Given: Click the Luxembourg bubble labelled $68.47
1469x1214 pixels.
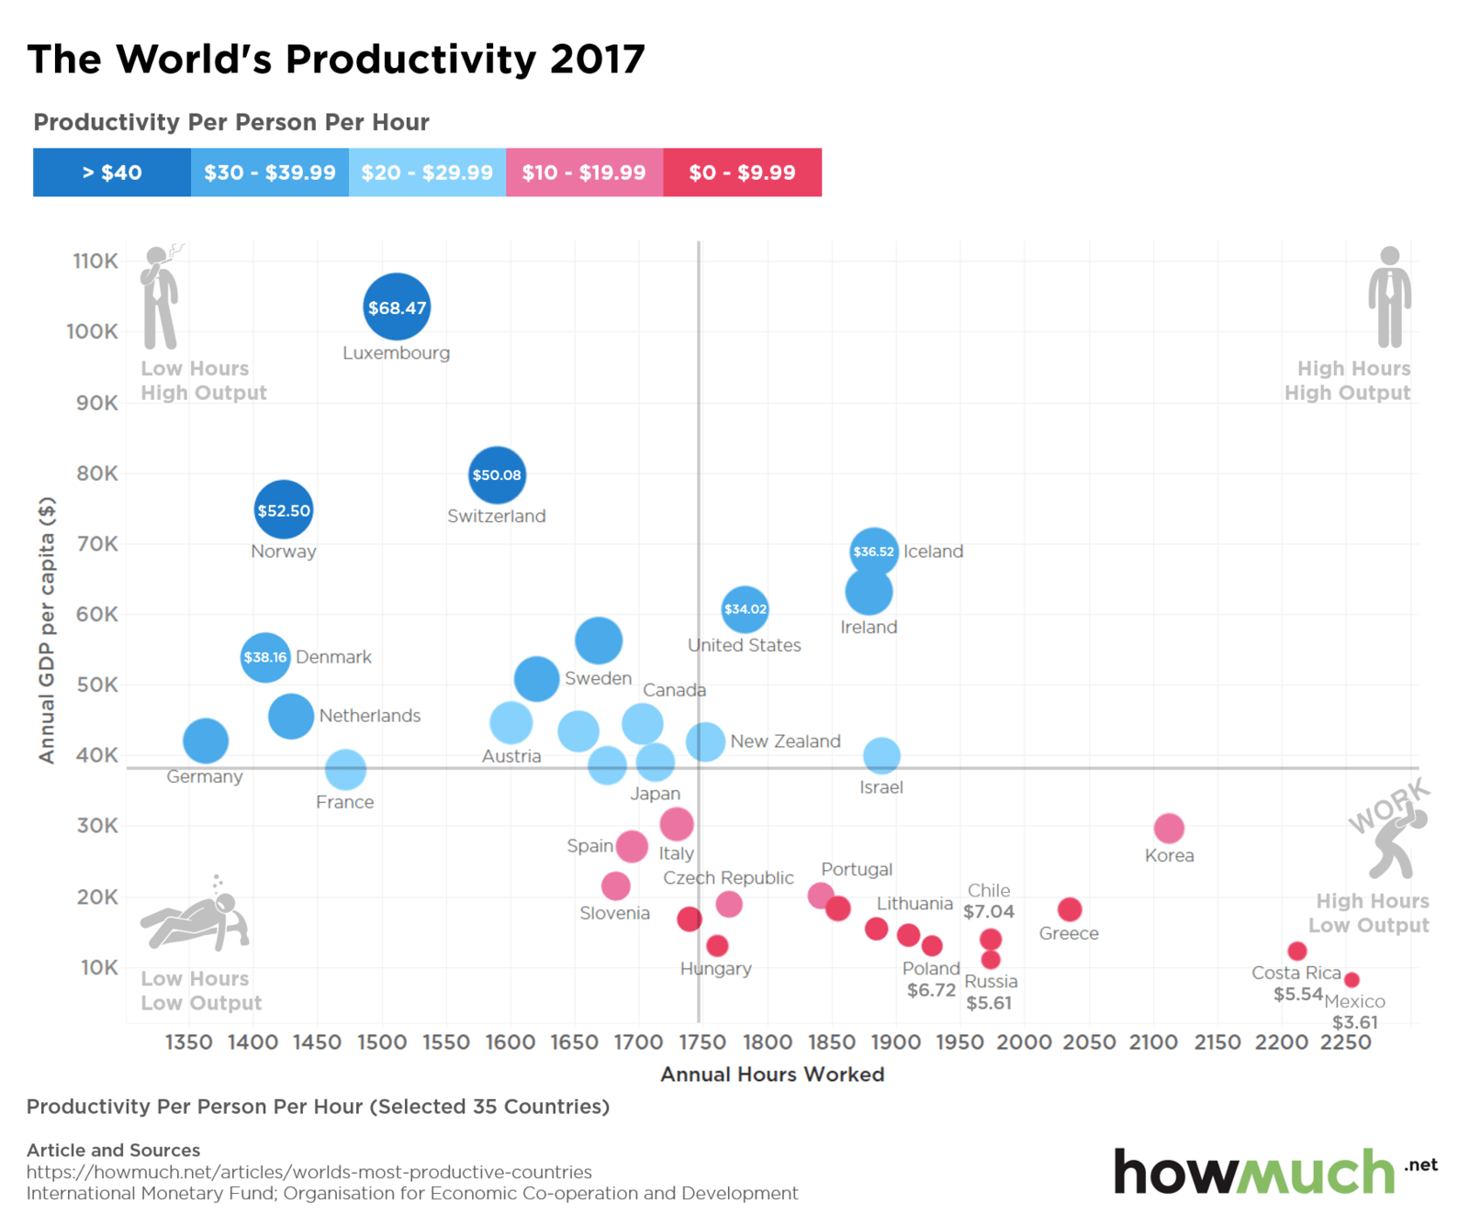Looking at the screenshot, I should click(397, 307).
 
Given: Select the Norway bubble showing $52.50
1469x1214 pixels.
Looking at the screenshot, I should click(284, 510).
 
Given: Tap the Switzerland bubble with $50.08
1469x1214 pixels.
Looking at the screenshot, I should click(497, 475).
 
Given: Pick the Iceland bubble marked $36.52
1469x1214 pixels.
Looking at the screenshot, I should click(873, 551).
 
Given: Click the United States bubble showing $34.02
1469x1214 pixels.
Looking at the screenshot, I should click(745, 609).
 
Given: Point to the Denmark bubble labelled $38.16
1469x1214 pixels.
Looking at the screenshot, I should click(265, 657).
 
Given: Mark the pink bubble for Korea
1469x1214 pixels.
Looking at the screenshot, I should click(1169, 828).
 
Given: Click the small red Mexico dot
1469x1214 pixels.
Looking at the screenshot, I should click(1351, 980).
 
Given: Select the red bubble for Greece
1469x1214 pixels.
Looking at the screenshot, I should click(1070, 909).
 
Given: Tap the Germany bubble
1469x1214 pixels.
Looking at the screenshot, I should click(206, 741).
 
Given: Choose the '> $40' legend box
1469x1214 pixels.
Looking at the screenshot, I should click(112, 173).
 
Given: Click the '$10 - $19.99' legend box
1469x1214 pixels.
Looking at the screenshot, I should click(584, 173).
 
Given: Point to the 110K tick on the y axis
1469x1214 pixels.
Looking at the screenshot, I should click(95, 262).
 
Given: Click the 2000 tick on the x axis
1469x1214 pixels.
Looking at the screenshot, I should click(1024, 1042).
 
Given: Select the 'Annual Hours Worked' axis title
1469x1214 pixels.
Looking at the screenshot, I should click(772, 1075).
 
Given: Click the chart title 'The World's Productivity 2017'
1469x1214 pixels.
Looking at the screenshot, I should click(336, 60).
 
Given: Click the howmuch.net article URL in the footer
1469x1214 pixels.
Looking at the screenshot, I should click(309, 1172).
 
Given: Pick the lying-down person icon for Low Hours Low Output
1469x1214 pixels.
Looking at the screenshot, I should click(195, 918).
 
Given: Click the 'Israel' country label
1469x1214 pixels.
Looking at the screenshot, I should click(881, 787).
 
